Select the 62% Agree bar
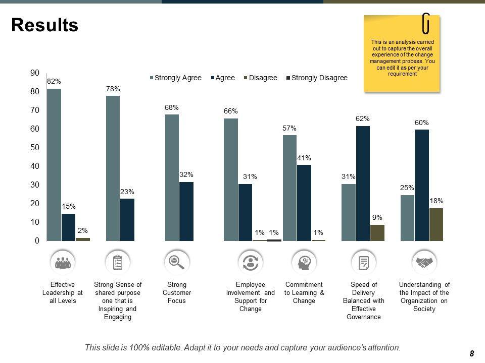pos(363,184)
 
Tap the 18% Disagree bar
pos(436,224)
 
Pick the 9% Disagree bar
pos(377,233)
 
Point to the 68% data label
pos(171,107)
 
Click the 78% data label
pos(113,89)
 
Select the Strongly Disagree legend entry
pos(317,78)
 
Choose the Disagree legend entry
pos(261,78)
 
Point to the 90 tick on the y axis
pos(35,73)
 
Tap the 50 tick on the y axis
pos(35,148)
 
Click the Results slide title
pos(44,25)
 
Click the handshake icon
pos(424,262)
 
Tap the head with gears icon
pos(305,262)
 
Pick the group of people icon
pos(63,262)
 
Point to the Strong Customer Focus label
pos(177,292)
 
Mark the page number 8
pos(471,353)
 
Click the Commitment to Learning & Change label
pos(304,292)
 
